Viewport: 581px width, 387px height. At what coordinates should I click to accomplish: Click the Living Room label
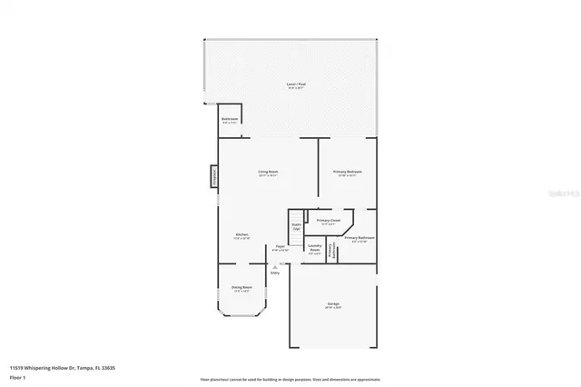pyautogui.click(x=268, y=173)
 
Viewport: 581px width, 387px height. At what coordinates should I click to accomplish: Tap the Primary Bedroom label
pyautogui.click(x=348, y=173)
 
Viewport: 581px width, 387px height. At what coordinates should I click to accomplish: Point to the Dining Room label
pyautogui.click(x=241, y=288)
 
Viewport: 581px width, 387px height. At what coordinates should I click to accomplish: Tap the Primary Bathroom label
pyautogui.click(x=359, y=239)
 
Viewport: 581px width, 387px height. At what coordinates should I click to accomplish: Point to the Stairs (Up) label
pyautogui.click(x=296, y=226)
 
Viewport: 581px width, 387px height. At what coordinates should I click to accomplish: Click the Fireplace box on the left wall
pyautogui.click(x=215, y=175)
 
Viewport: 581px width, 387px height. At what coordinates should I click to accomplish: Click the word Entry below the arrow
pyautogui.click(x=275, y=273)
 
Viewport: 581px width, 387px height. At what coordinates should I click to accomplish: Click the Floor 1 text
pyautogui.click(x=18, y=379)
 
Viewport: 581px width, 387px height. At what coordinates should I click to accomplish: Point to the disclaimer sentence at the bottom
pyautogui.click(x=290, y=379)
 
